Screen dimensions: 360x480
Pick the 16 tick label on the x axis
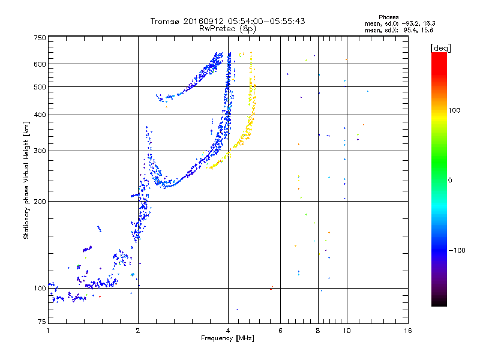[x=407, y=331]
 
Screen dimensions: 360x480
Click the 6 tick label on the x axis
[x=281, y=331]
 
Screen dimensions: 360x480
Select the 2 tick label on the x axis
[x=138, y=331]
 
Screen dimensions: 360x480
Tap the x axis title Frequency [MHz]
[x=228, y=338]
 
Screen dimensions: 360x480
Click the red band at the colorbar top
[x=439, y=55]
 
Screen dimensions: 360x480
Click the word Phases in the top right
[x=389, y=17]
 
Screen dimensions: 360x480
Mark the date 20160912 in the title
[x=203, y=21]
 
